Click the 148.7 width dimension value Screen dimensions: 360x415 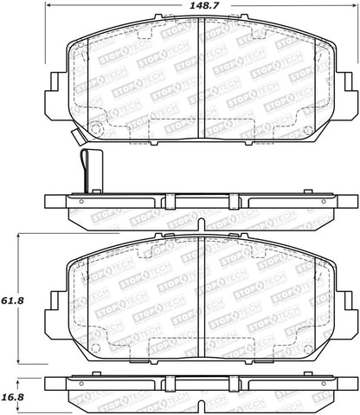tap(202, 6)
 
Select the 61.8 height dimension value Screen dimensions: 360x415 tap(12, 301)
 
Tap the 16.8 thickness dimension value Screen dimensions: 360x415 tap(12, 397)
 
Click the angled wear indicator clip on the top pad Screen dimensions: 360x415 tap(77, 137)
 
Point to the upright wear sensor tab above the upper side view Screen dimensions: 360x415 tap(92, 171)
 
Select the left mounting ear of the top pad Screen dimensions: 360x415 tap(57, 95)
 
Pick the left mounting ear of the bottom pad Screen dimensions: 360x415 tap(57, 314)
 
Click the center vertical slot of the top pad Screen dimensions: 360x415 tap(202, 77)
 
